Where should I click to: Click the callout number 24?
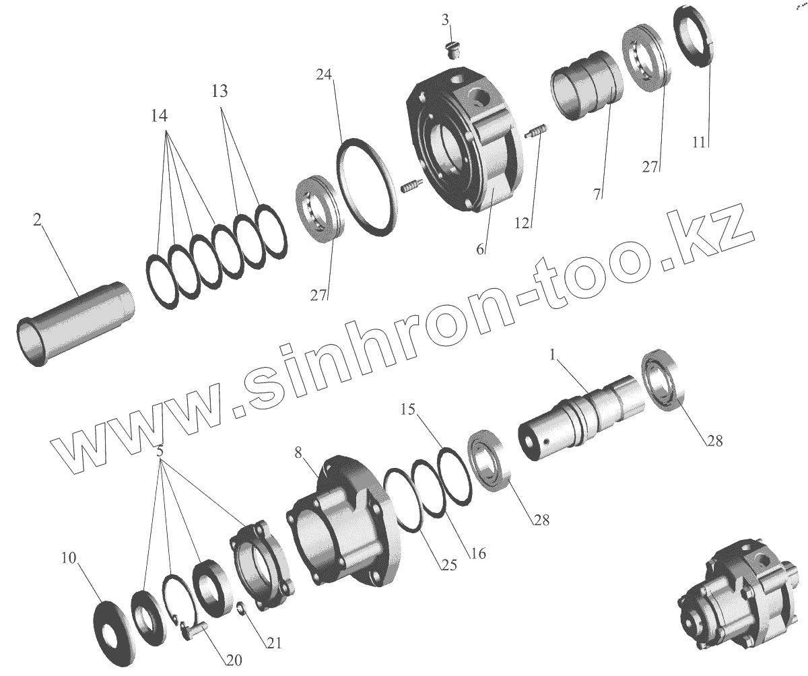click(324, 74)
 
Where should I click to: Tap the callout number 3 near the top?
click(445, 20)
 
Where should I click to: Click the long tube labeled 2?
click(75, 324)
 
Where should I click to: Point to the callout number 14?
click(159, 115)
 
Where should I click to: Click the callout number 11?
click(699, 142)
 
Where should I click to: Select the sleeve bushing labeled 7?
click(586, 85)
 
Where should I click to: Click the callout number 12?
click(522, 223)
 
